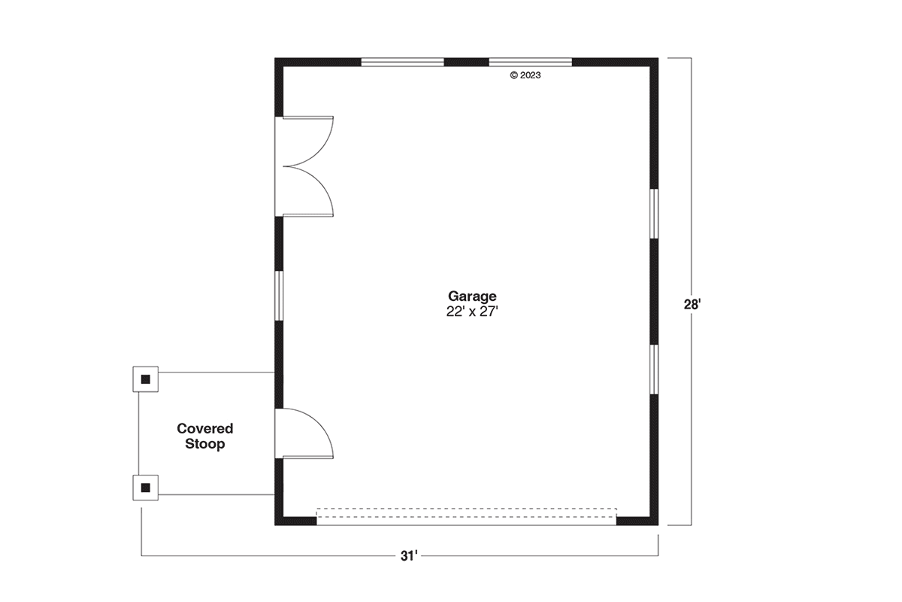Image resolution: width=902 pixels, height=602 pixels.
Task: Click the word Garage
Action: [472, 296]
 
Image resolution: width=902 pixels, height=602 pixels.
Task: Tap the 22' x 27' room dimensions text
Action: [472, 312]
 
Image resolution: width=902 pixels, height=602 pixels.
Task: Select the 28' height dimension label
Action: [692, 305]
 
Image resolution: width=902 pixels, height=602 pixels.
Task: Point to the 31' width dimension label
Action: [409, 556]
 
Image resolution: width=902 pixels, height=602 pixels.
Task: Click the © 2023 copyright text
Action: [525, 75]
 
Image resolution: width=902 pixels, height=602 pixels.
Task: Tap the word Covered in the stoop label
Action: [205, 428]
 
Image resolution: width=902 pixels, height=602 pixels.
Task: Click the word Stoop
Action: [205, 444]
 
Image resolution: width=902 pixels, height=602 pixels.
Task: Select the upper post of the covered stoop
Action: [145, 379]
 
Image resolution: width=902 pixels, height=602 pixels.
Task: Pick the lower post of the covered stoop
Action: [145, 488]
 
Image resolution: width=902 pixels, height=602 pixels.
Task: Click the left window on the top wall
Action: [402, 62]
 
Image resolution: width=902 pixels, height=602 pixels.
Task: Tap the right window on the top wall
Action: [531, 62]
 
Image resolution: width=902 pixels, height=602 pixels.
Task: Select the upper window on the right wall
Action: [655, 214]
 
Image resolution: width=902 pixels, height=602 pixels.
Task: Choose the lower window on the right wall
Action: [655, 369]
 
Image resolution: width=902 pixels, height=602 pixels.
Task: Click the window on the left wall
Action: [279, 296]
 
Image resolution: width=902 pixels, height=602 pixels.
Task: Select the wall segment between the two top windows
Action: [466, 62]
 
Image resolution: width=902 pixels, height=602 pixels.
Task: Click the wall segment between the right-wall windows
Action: [655, 291]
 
